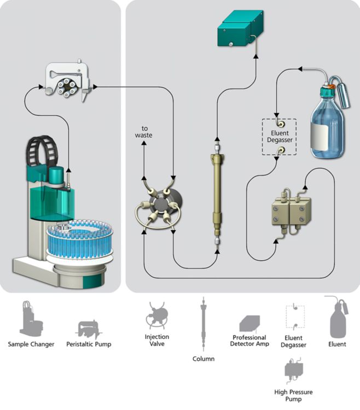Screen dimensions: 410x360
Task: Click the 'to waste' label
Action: pyautogui.click(x=144, y=131)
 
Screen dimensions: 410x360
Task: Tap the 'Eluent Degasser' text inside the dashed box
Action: pyautogui.click(x=279, y=136)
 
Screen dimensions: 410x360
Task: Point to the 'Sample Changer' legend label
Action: pyautogui.click(x=31, y=344)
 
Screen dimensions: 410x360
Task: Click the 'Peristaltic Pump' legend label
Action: pyautogui.click(x=88, y=344)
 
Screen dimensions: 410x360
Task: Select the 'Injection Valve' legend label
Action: pyautogui.click(x=157, y=341)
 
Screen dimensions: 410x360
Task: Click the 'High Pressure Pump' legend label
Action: pyautogui.click(x=295, y=395)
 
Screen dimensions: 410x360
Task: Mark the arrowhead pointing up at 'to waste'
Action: pyautogui.click(x=144, y=143)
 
